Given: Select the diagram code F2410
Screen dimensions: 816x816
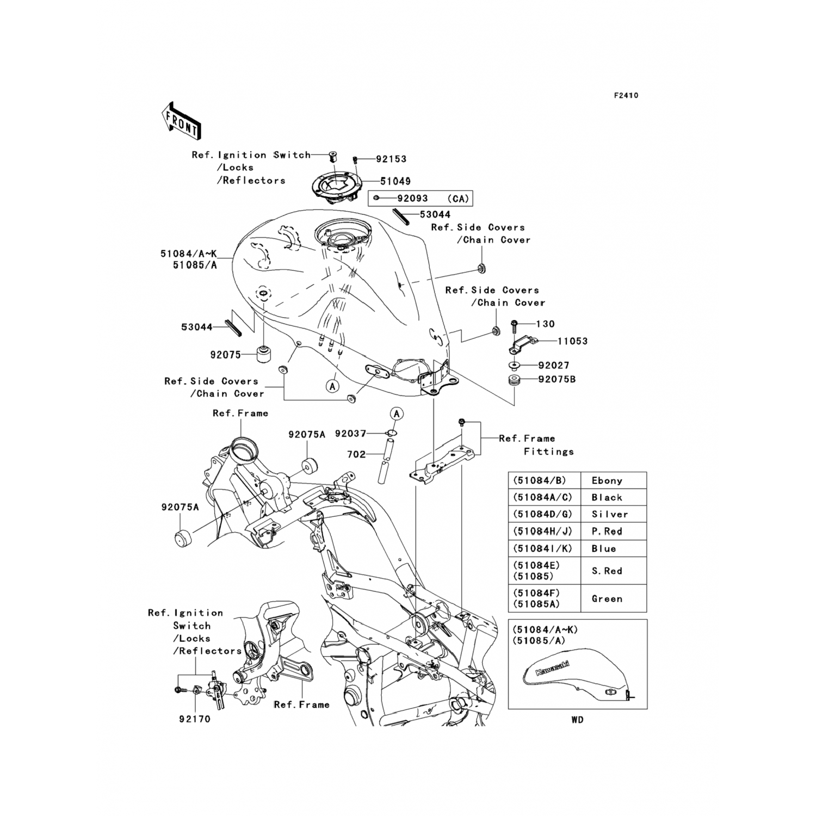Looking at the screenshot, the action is (x=626, y=96).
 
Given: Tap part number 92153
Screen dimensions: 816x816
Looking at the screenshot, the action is (x=391, y=159).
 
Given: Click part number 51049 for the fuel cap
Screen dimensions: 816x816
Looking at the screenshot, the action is (x=395, y=181).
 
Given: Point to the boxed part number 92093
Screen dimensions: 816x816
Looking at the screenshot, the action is (x=412, y=199).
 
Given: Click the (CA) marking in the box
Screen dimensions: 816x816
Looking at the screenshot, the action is (x=458, y=199).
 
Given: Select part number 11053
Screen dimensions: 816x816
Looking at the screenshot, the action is (x=572, y=341).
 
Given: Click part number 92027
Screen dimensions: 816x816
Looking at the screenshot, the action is (x=554, y=366).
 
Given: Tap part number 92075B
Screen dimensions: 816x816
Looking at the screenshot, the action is (x=557, y=379).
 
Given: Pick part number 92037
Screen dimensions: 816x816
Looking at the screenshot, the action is (x=350, y=434).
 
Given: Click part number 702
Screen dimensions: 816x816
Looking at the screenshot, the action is (x=356, y=454).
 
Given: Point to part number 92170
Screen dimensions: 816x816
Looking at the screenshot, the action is (x=194, y=719).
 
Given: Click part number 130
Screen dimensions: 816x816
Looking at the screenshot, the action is (x=545, y=324).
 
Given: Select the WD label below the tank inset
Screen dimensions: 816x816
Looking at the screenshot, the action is (x=577, y=720).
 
